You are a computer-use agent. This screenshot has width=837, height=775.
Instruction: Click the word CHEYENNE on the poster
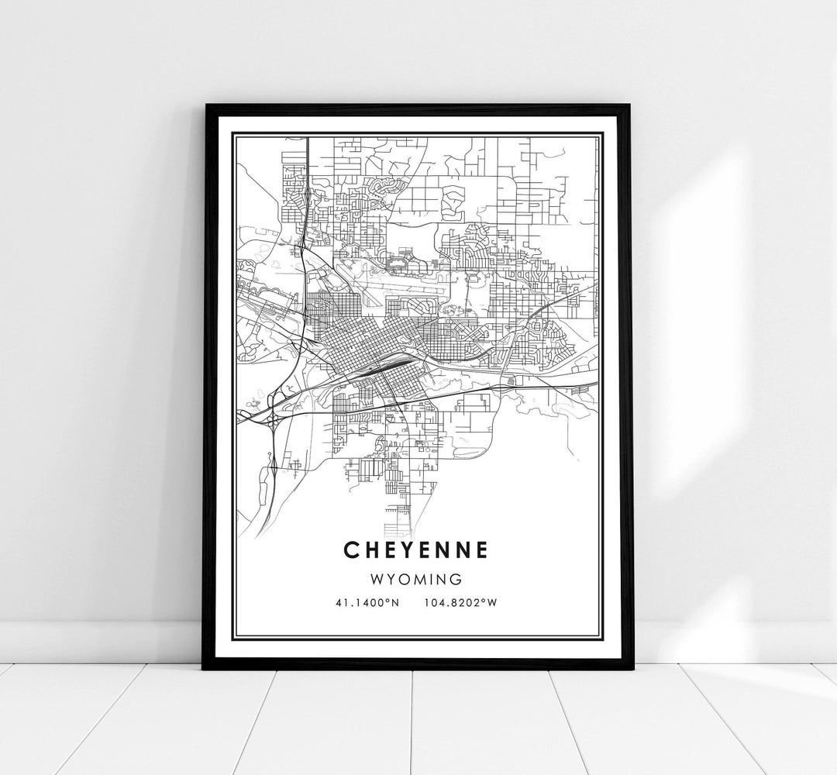point(418,549)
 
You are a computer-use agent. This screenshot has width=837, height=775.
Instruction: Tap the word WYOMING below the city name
point(418,579)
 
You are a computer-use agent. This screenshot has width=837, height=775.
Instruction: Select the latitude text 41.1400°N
point(368,603)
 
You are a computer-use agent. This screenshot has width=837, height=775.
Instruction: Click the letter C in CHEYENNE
point(352,549)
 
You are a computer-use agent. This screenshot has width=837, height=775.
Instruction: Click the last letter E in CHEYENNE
point(482,549)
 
